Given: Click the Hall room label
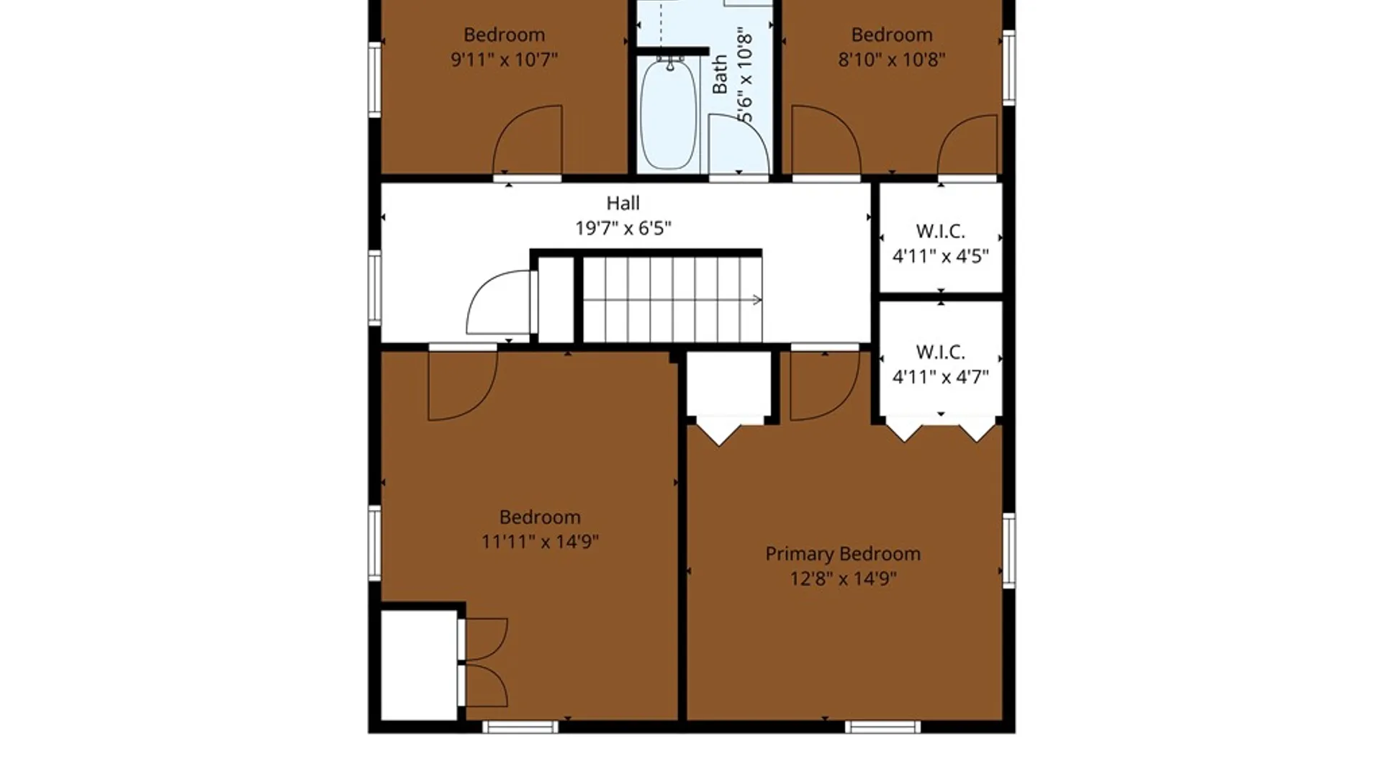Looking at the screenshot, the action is click(x=623, y=204).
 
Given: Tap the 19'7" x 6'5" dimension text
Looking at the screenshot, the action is click(x=623, y=228).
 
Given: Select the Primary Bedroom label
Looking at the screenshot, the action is click(x=843, y=554).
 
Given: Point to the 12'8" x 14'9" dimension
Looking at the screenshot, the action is click(x=843, y=578).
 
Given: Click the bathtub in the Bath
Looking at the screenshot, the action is click(x=669, y=114).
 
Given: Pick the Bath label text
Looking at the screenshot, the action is click(x=720, y=74).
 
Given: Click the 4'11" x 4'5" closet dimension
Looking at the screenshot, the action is click(x=941, y=256).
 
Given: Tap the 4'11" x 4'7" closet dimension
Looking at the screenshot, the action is click(x=941, y=377).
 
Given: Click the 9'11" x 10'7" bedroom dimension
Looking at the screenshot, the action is click(x=504, y=60).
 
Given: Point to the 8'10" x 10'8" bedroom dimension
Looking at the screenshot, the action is click(x=892, y=60).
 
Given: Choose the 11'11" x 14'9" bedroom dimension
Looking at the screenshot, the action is click(x=540, y=542).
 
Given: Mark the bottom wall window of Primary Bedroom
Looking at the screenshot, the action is click(x=882, y=727).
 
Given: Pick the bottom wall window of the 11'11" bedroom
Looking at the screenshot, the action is click(x=520, y=727).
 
